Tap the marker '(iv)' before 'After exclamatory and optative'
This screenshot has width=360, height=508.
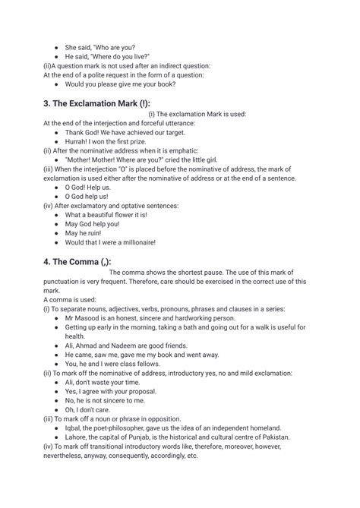49,204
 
